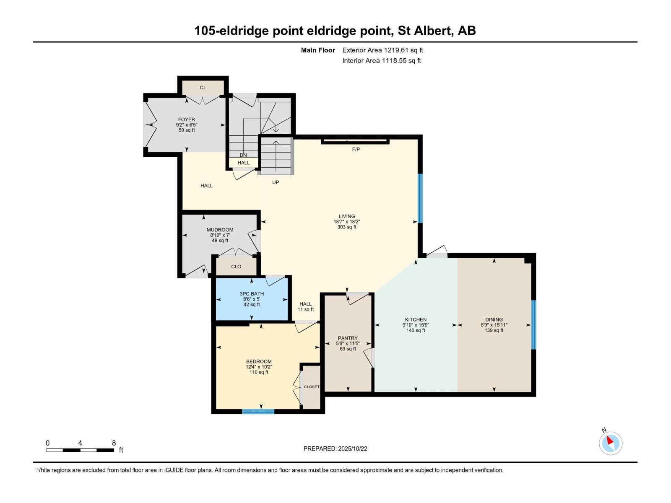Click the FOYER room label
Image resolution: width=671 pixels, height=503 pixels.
(x=186, y=119)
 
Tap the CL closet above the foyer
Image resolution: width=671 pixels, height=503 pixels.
(x=203, y=88)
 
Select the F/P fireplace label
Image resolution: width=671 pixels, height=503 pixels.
(x=356, y=149)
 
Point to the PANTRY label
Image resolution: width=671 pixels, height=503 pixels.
(x=348, y=338)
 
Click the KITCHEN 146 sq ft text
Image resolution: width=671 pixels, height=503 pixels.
(x=416, y=330)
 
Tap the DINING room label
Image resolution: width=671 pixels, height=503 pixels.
(x=494, y=319)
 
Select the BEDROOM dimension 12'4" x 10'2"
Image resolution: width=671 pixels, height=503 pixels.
(x=259, y=367)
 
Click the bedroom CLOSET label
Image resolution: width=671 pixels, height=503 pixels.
(x=312, y=387)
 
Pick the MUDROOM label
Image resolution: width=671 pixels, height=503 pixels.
(x=220, y=230)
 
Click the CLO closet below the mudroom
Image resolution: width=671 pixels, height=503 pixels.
(x=236, y=267)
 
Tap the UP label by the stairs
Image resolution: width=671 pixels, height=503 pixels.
(x=276, y=182)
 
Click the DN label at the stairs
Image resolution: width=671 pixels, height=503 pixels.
(x=243, y=155)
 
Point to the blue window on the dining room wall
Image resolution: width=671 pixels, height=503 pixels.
(x=533, y=324)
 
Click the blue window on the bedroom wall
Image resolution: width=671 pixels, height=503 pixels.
(x=258, y=412)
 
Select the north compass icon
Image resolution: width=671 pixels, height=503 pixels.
(x=610, y=443)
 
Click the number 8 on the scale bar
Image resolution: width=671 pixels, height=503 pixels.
(x=114, y=443)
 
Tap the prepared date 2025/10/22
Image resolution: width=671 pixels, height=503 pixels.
(x=352, y=449)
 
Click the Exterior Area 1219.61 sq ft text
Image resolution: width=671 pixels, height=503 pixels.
(x=382, y=50)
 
